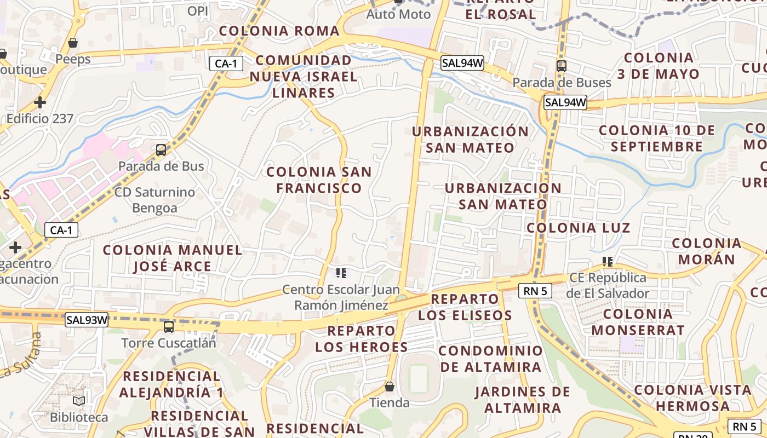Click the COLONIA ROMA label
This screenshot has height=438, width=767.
click(x=279, y=31)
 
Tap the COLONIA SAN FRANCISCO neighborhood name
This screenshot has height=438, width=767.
click(x=319, y=180)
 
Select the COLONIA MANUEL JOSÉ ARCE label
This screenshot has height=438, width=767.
click(x=173, y=258)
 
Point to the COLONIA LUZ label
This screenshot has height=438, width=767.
click(x=579, y=228)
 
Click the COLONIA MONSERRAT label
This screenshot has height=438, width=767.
click(x=638, y=322)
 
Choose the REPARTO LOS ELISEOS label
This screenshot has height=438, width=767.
click(x=465, y=307)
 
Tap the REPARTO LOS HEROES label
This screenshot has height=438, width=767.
click(x=362, y=339)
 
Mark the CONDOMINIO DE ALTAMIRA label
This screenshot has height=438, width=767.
click(x=491, y=359)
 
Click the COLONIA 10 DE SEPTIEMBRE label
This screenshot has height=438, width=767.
click(x=657, y=139)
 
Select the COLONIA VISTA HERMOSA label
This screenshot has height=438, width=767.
click(x=693, y=398)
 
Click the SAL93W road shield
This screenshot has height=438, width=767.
click(x=87, y=320)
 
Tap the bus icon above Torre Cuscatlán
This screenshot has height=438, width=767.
click(x=169, y=327)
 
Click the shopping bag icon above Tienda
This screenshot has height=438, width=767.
click(x=390, y=387)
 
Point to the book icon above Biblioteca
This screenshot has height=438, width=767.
click(x=79, y=401)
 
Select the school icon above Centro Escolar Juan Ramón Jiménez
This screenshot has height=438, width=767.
click(x=341, y=273)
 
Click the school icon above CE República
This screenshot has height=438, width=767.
click(x=607, y=262)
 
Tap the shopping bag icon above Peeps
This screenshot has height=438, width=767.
click(x=73, y=43)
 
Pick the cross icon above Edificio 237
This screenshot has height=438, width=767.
click(x=39, y=102)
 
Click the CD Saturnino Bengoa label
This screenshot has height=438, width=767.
click(x=155, y=200)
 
